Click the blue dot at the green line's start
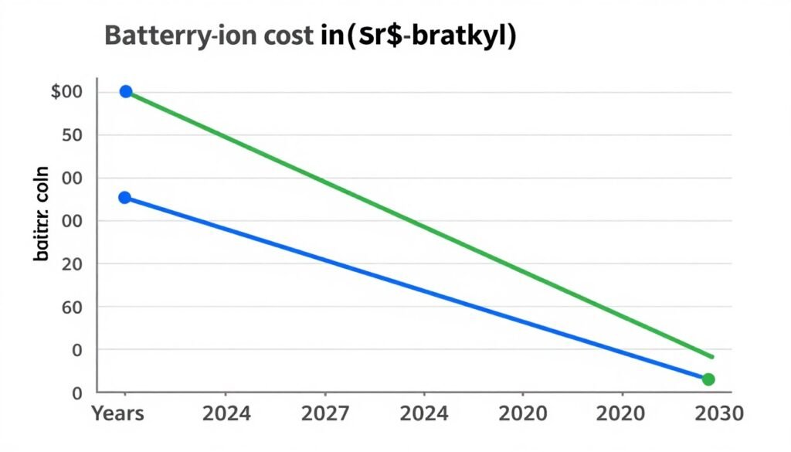click(126, 92)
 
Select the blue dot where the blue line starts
click(124, 198)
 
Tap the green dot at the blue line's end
click(708, 379)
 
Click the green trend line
click(417, 224)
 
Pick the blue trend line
click(417, 288)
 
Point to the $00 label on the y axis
click(66, 92)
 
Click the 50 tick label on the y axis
click(72, 135)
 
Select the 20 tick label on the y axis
click(72, 264)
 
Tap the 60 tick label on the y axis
click(72, 308)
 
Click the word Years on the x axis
click(117, 413)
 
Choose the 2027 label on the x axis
click(325, 413)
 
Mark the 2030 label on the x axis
click(718, 413)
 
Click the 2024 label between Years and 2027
click(226, 413)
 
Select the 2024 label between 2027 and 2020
click(424, 413)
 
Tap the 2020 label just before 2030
click(621, 413)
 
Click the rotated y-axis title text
click(42, 213)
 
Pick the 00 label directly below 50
click(72, 178)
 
